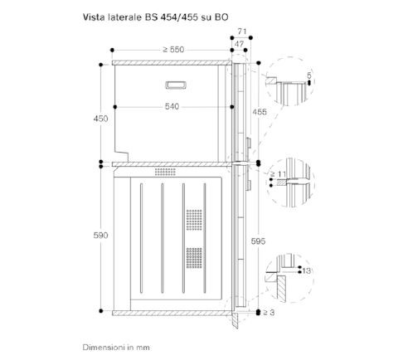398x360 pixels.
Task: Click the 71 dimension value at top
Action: (x=242, y=32)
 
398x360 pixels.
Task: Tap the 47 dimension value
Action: (x=239, y=44)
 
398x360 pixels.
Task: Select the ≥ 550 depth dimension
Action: (x=173, y=50)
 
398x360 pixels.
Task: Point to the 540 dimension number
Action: (x=172, y=106)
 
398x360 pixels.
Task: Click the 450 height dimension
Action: (x=100, y=119)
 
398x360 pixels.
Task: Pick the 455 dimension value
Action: (x=260, y=112)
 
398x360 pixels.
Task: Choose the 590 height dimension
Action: (x=100, y=236)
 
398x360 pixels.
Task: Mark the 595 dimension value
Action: (x=258, y=241)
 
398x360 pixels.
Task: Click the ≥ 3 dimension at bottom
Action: (x=269, y=313)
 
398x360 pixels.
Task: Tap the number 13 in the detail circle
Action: (x=307, y=270)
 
